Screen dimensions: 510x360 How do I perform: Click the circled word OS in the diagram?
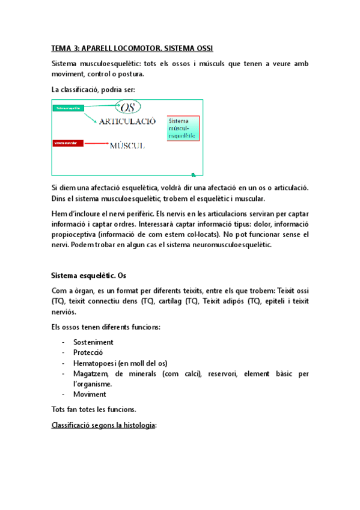point(127,108)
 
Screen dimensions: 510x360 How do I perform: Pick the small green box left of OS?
point(68,108)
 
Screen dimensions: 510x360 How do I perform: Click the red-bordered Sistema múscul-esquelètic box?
point(183,128)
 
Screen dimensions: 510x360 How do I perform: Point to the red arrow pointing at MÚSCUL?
point(96,144)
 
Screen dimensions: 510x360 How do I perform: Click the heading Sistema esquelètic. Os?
point(88,276)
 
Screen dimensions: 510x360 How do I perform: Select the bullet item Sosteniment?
point(93,342)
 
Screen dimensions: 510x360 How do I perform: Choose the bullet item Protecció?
point(88,352)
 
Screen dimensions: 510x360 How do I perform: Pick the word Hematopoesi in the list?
point(94,363)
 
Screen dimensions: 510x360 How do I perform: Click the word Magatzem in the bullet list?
point(91,373)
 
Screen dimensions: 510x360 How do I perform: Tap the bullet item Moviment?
point(90,395)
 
